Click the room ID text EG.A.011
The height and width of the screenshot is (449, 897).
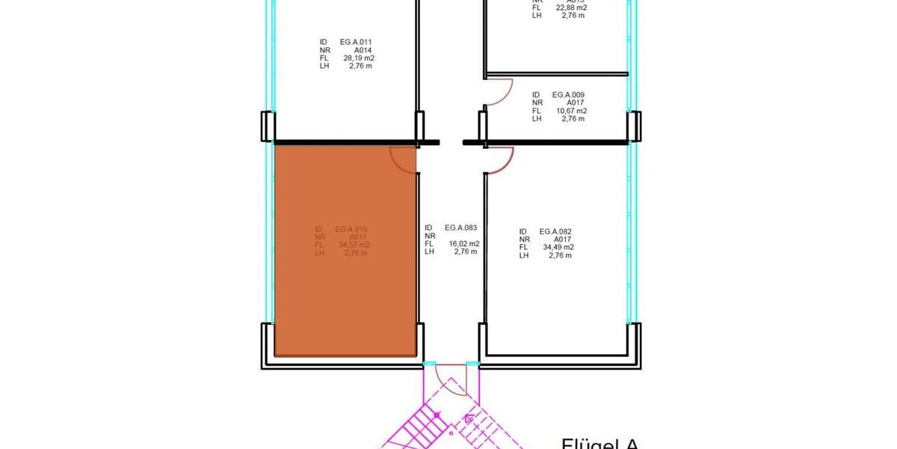(356, 42)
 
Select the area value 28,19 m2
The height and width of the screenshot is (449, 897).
(358, 58)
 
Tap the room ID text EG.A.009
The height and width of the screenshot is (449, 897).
(568, 95)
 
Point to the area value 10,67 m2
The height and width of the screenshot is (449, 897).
(570, 111)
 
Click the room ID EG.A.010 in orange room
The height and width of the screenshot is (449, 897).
(351, 229)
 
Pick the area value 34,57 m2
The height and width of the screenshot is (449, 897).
(354, 245)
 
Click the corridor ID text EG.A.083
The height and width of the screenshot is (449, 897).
(460, 227)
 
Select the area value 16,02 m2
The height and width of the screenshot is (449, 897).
(463, 243)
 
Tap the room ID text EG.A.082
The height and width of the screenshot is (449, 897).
(555, 232)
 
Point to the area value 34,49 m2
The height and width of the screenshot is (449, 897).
(558, 247)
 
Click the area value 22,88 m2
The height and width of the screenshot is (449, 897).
(570, 8)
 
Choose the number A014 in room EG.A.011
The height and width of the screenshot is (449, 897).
(361, 50)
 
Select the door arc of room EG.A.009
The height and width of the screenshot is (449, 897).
(501, 94)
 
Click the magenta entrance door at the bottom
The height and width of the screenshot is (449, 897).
(451, 382)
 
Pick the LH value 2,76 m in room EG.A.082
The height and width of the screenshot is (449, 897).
(560, 255)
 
